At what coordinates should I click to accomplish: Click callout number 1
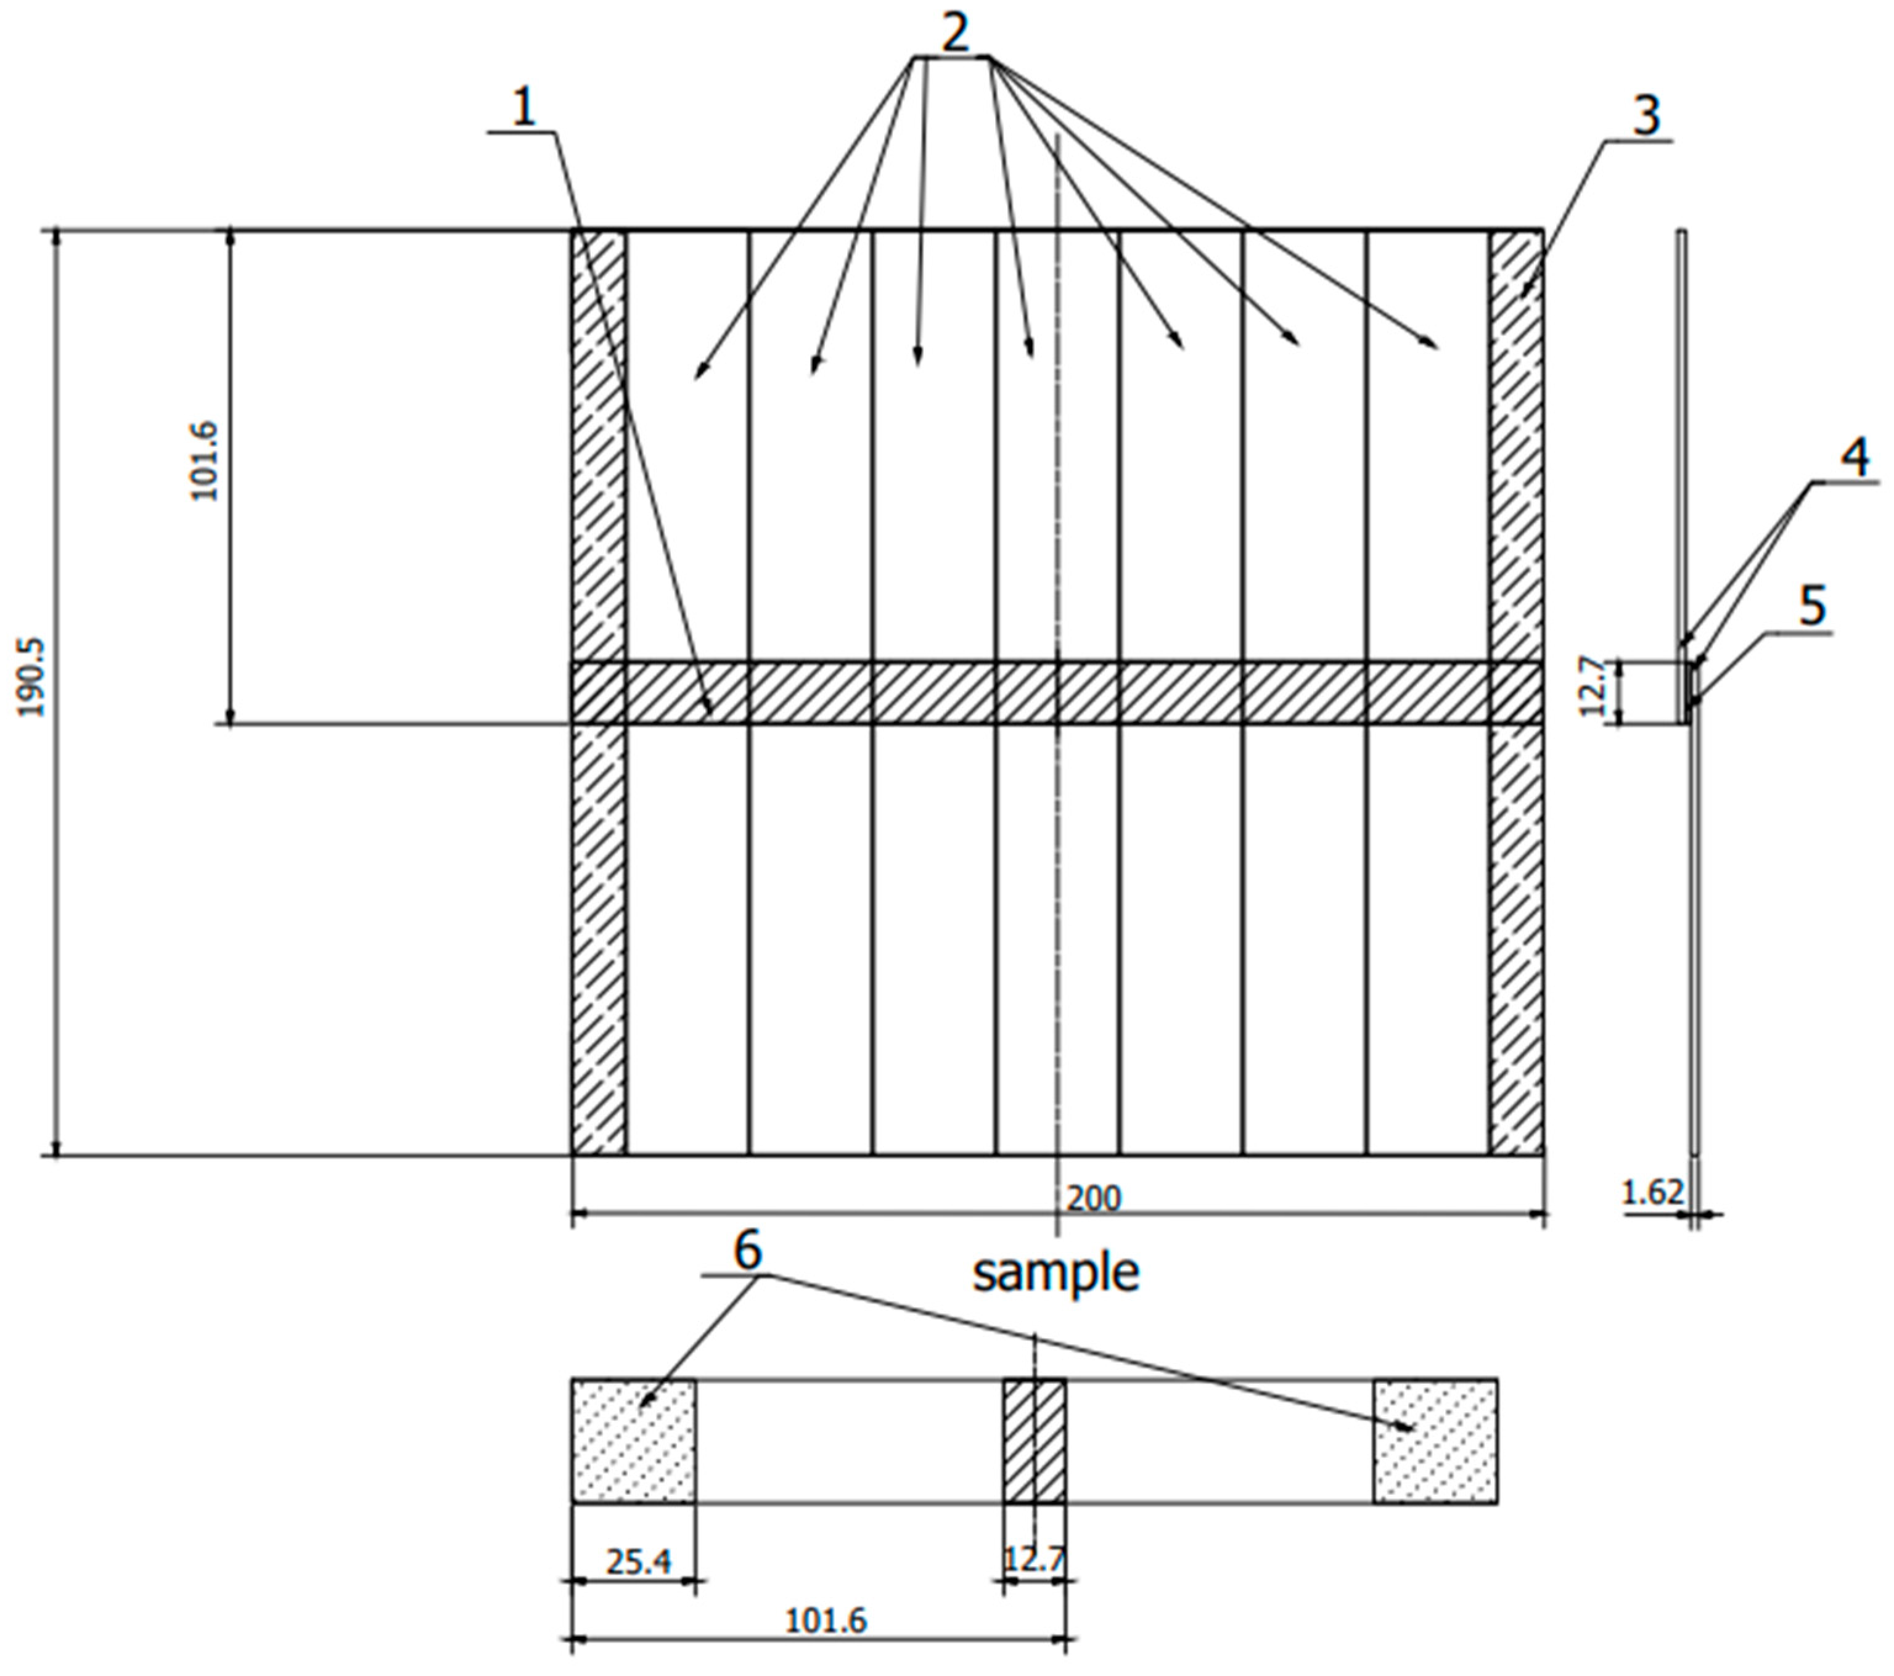(525, 109)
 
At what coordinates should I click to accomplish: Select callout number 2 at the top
(954, 33)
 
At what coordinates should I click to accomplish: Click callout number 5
(1811, 606)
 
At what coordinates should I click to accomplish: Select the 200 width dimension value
(1093, 1198)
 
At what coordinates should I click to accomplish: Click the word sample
(1056, 1273)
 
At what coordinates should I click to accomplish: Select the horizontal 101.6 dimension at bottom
(825, 1621)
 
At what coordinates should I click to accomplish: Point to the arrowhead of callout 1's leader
(710, 711)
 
